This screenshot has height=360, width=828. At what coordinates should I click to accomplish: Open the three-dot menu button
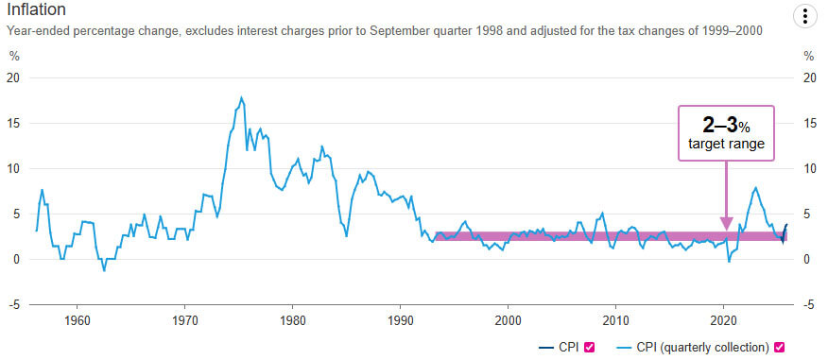click(803, 16)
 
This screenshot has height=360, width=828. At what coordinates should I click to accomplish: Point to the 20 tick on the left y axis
click(13, 77)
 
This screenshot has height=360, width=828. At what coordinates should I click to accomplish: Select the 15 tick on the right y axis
click(809, 123)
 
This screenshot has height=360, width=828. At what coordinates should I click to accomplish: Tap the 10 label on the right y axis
click(809, 168)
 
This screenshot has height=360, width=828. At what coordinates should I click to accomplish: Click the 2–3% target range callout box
click(725, 133)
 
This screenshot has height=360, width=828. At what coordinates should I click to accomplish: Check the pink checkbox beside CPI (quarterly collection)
click(781, 347)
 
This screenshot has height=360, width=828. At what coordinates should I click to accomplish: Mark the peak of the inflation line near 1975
click(242, 96)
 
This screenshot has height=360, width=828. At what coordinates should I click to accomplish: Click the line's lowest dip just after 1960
click(104, 270)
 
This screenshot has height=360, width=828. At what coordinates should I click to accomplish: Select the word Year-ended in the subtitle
click(38, 31)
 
